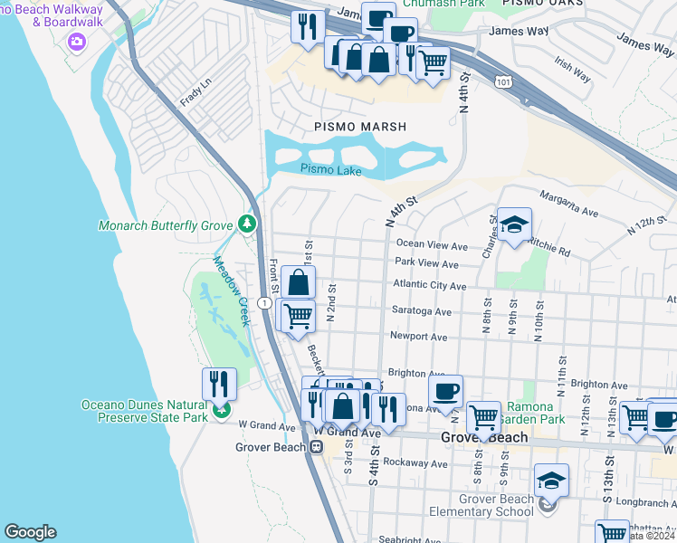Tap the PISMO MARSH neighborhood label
359,127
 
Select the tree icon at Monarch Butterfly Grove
246,223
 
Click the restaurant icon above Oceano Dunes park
219,384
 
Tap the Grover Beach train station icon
317,446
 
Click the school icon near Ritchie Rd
514,225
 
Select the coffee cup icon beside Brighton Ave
445,392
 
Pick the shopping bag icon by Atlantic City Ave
299,283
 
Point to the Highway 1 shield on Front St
262,302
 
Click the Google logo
30,532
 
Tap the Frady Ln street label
195,92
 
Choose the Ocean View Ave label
432,245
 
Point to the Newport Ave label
418,337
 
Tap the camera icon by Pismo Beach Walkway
76,41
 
